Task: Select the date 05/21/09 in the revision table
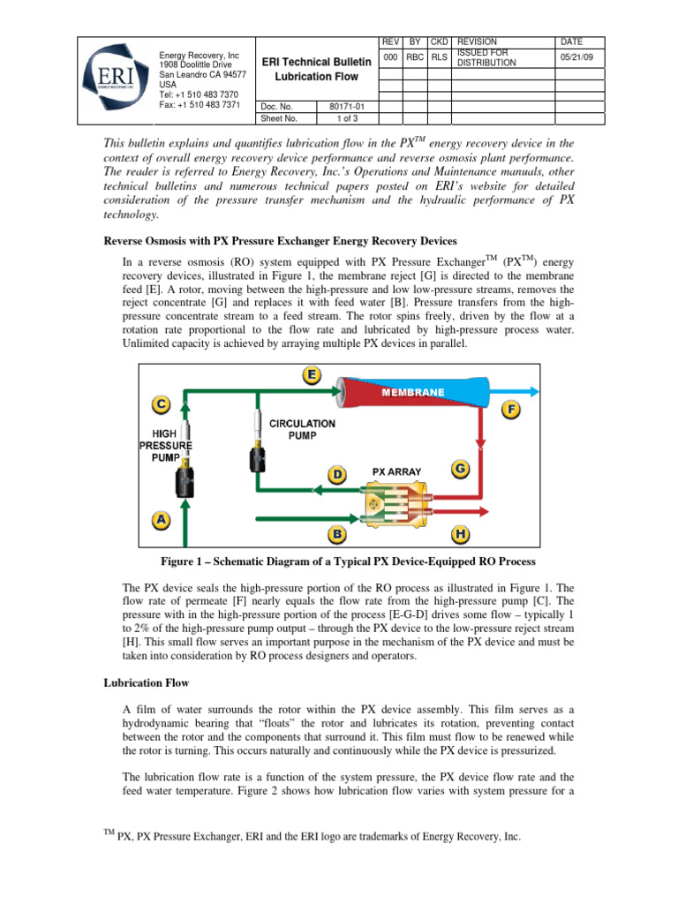coord(575,57)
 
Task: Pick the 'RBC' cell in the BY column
coord(413,57)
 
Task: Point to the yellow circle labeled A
coord(161,520)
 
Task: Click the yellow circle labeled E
coord(312,376)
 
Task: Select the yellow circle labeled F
coord(511,411)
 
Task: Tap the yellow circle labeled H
coord(460,533)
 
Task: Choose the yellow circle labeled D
coord(336,475)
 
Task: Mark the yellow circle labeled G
coord(460,470)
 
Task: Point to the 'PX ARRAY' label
coord(396,471)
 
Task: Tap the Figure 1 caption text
coord(338,562)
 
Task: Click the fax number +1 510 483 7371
coord(199,104)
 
